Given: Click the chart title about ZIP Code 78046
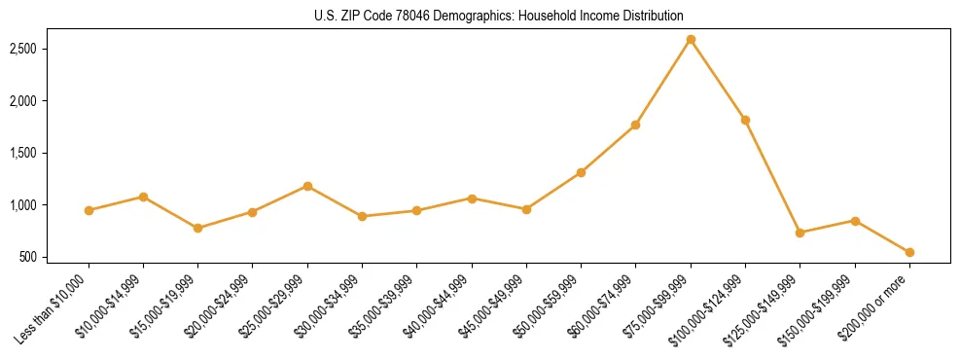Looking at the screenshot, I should pos(499,16).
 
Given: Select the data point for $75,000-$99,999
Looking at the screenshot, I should pos(691,39).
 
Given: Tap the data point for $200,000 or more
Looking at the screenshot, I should pos(909,252).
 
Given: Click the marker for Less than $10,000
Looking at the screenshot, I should pos(89,210).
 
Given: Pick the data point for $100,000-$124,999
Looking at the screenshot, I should pos(745,120).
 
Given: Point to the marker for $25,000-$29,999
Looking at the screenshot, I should pos(307,186).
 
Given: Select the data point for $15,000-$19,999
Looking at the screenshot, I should pos(198,228).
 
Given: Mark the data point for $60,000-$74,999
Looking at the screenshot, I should pos(635,125).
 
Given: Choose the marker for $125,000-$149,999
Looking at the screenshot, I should pos(800,233).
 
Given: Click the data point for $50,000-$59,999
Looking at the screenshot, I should pos(581,172).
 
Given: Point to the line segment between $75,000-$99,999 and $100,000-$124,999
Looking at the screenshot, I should pos(718,80).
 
